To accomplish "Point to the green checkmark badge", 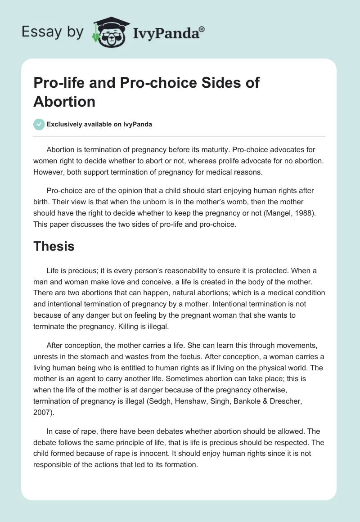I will [x=39, y=125].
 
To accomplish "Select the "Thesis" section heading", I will [x=54, y=246].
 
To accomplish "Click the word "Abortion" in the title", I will [x=64, y=101].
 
